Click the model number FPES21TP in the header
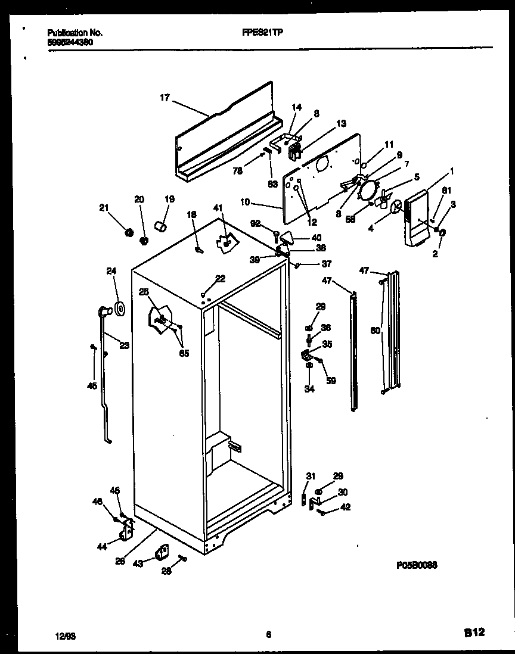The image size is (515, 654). [x=263, y=33]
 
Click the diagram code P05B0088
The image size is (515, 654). [x=415, y=566]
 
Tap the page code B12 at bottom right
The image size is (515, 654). [x=474, y=634]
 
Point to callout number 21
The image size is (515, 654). [x=103, y=207]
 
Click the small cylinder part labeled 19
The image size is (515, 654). [x=159, y=226]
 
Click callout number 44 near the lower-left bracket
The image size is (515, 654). [x=102, y=545]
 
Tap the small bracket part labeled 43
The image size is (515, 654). [x=160, y=554]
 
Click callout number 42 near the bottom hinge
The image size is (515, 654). [x=345, y=507]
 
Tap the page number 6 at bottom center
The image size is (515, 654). [x=269, y=635]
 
